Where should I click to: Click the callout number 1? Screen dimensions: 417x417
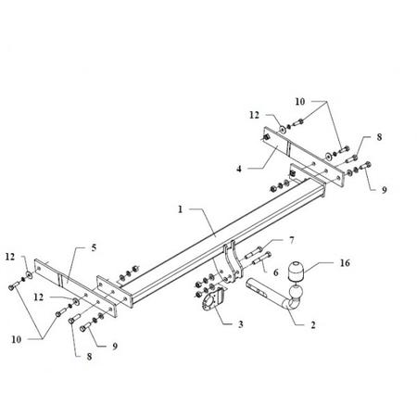pyautogui.click(x=181, y=209)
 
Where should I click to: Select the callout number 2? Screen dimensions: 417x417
pyautogui.click(x=313, y=325)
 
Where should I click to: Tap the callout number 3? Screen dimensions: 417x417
pyautogui.click(x=240, y=324)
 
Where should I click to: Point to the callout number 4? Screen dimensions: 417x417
pyautogui.click(x=239, y=169)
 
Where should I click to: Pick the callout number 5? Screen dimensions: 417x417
pyautogui.click(x=94, y=247)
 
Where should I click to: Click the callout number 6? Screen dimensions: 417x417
pyautogui.click(x=276, y=272)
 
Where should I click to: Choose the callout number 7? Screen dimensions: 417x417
pyautogui.click(x=292, y=240)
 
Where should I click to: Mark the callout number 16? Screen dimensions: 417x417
pyautogui.click(x=345, y=263)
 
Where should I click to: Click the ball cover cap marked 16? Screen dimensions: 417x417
pyautogui.click(x=296, y=271)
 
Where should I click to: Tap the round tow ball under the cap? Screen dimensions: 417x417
pyautogui.click(x=296, y=292)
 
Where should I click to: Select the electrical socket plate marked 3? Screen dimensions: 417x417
pyautogui.click(x=212, y=300)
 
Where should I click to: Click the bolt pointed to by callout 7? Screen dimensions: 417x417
pyautogui.click(x=253, y=252)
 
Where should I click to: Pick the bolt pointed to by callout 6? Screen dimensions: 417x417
pyautogui.click(x=262, y=259)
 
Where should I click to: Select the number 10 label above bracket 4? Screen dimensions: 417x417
pyautogui.click(x=299, y=102)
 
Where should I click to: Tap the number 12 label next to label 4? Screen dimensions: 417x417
pyautogui.click(x=254, y=115)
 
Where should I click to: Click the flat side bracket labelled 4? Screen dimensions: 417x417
pyautogui.click(x=303, y=156)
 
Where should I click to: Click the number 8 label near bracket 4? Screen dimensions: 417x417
pyautogui.click(x=379, y=137)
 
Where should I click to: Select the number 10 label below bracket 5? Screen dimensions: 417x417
pyautogui.click(x=16, y=339)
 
